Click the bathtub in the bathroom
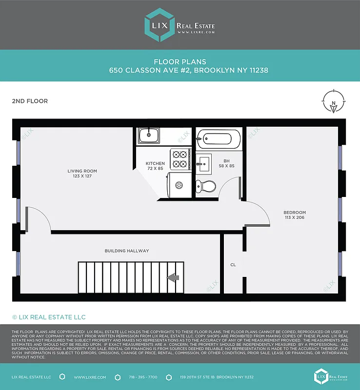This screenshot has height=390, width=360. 219,139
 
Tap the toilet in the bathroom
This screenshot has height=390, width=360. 205,185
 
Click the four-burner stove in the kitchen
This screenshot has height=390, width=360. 180,159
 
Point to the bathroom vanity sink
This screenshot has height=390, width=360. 204,162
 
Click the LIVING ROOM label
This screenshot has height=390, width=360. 82,171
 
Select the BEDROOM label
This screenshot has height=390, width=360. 295,213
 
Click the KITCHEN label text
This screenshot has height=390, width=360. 155,163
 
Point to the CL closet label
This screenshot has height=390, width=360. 233,265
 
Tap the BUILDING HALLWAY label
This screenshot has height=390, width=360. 127,251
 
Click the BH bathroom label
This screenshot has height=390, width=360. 226,160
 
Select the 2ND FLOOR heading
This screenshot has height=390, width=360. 30,101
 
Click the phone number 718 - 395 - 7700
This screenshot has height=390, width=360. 143,377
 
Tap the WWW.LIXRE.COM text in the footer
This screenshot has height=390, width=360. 88,377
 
